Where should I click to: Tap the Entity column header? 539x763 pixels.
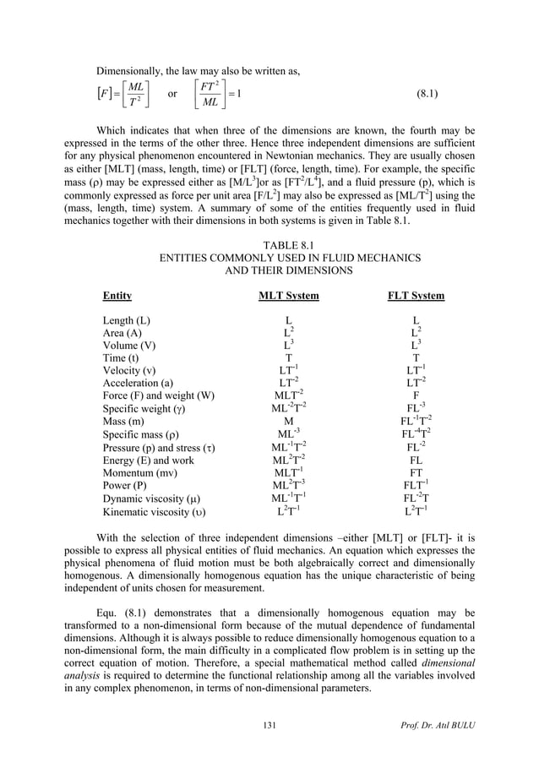point(117,296)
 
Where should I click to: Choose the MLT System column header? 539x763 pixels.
point(288,296)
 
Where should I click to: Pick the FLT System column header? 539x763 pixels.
point(415,296)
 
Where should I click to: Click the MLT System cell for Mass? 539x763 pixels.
point(288,421)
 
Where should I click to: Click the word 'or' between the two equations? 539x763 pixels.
point(172,93)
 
